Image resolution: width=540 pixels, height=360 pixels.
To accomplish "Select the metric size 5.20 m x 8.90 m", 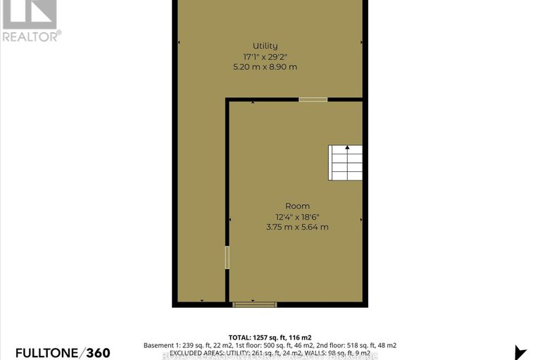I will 265,67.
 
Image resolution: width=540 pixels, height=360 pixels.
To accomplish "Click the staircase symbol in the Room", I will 346,163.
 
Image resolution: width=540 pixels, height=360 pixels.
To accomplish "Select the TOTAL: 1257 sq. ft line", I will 270,337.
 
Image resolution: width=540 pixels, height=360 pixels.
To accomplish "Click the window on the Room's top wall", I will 313,100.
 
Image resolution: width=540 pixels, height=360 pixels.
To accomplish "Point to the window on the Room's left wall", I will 227,256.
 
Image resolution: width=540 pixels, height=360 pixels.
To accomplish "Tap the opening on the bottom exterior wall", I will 254,305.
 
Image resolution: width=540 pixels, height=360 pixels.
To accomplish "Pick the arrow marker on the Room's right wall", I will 360,219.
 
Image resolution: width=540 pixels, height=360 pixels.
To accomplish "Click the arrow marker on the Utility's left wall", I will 178,43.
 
